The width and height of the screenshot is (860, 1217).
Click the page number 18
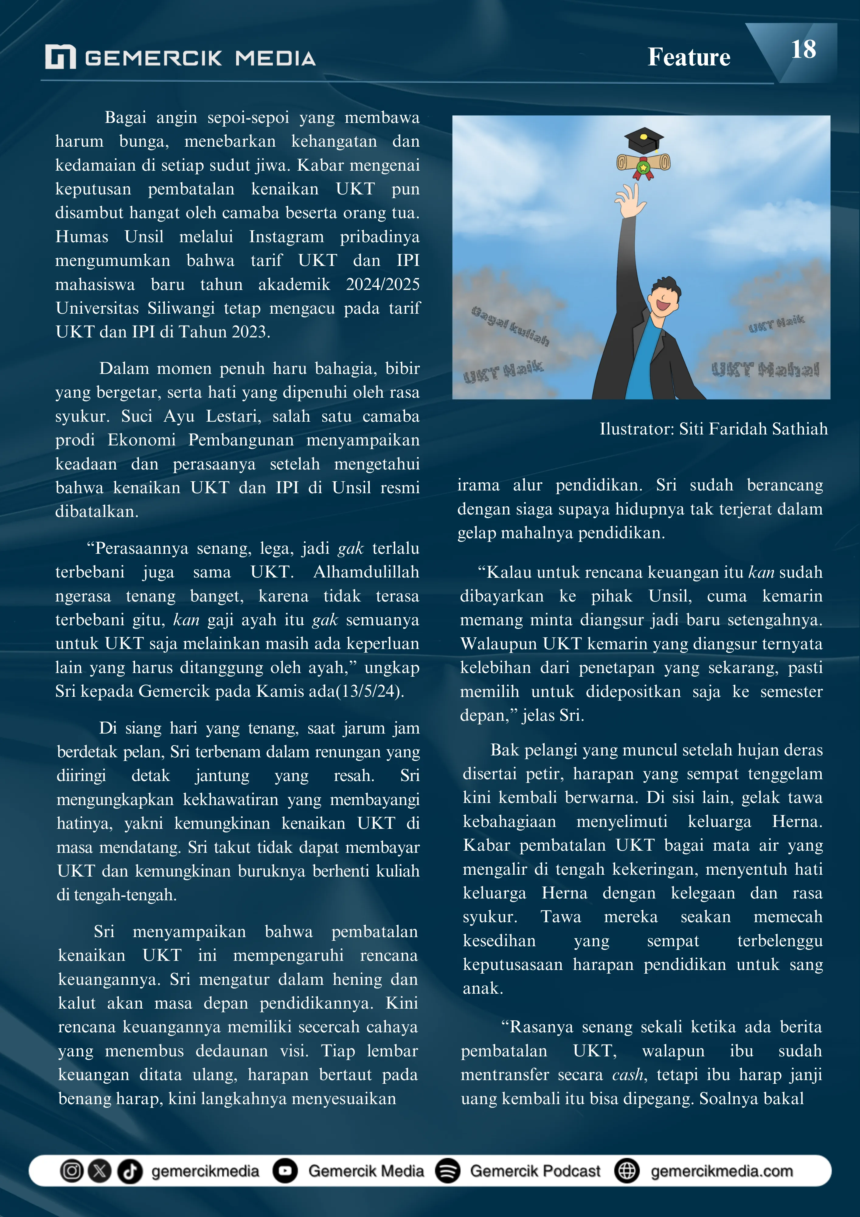(x=803, y=50)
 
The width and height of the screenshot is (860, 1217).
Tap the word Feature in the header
(x=689, y=57)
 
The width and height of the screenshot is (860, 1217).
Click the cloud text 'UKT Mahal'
(x=765, y=369)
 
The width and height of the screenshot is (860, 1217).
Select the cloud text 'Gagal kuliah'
(x=510, y=326)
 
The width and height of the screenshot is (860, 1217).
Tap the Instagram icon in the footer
(x=71, y=1170)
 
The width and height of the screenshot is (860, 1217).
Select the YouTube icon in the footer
(x=285, y=1170)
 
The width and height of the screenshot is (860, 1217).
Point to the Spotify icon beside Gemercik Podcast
(x=448, y=1170)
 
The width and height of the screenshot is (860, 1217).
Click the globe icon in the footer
(x=627, y=1170)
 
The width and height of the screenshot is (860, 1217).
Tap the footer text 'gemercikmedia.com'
(x=722, y=1171)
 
